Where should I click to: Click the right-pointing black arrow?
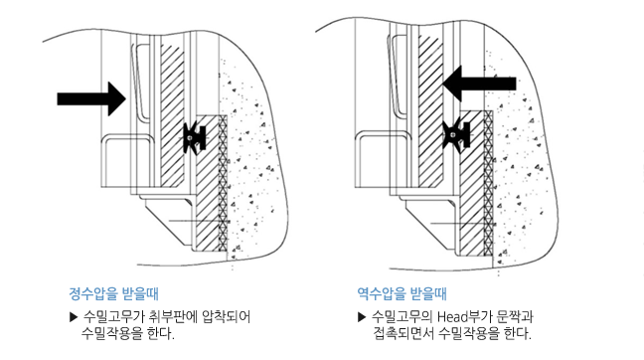[91, 98]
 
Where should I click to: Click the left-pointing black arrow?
[479, 84]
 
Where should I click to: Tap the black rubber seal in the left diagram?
[194, 138]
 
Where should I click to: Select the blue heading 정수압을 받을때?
[113, 293]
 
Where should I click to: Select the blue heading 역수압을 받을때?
[402, 293]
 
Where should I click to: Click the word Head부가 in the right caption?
[464, 317]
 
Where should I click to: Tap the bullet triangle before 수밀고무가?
[74, 317]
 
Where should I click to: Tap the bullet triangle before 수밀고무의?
[362, 317]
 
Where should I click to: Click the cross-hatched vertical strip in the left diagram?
[223, 183]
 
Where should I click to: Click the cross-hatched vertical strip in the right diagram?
[488, 183]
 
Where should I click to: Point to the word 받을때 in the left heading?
[140, 293]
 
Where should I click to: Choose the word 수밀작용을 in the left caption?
[111, 333]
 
